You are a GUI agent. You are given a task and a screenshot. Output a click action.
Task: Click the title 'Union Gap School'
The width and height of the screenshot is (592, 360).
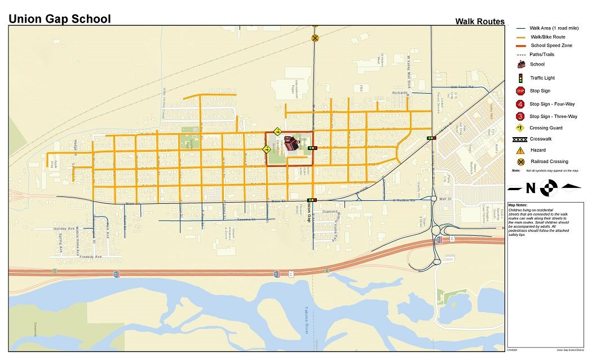click(x=59, y=19)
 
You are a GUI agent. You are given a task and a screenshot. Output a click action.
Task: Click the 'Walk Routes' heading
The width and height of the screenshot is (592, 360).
click(x=480, y=22)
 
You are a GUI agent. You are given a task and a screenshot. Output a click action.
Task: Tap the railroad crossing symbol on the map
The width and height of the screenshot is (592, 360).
click(x=315, y=38)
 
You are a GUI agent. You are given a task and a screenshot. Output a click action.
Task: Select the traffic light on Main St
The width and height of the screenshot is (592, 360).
click(x=311, y=200)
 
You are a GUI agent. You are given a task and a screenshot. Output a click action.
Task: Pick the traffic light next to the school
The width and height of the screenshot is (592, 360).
click(x=312, y=148)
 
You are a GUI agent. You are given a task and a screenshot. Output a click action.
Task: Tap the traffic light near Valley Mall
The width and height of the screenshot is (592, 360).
click(x=431, y=138)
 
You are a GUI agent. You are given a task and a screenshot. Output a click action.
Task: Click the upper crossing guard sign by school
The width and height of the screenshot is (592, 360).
click(x=277, y=131)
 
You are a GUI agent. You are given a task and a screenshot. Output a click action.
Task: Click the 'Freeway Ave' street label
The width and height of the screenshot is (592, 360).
click(x=90, y=257)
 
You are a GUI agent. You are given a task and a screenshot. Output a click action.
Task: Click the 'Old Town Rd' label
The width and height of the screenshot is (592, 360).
click(x=461, y=87)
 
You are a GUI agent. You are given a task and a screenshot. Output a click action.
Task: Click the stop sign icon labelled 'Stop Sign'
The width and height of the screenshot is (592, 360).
click(x=520, y=91)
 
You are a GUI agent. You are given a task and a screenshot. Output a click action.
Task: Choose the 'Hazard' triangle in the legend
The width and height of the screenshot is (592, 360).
click(x=521, y=150)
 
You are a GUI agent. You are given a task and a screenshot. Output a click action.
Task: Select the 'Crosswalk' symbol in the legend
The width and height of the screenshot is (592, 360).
click(x=521, y=139)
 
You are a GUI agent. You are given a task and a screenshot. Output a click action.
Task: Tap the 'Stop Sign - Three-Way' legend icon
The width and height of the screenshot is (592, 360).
click(x=520, y=117)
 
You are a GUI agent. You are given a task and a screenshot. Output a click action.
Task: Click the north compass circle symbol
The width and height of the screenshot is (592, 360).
click(x=551, y=187)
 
